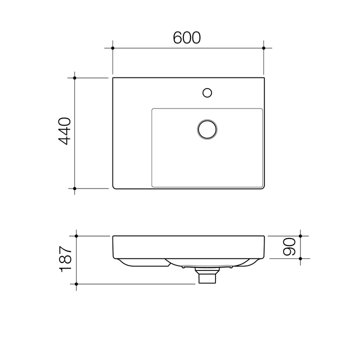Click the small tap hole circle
pos(207,92)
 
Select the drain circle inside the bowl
pos(206,128)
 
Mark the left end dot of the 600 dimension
pos(113,48)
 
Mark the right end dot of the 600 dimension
pos(264,48)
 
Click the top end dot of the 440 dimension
pos(75,78)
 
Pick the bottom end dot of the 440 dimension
pos(75,188)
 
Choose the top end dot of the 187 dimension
pos(76,235)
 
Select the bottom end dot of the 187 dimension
pos(76,283)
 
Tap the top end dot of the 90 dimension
pos(300,235)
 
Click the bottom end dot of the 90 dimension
pos(300,258)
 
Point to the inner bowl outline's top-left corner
pos(152,109)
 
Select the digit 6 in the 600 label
pos(178,37)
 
